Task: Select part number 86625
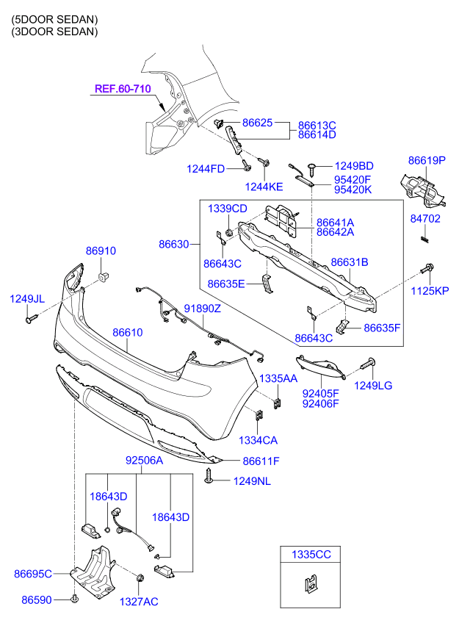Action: click(257, 123)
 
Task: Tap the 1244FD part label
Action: click(205, 169)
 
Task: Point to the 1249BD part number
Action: click(354, 166)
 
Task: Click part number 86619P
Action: click(427, 159)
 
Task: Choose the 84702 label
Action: click(425, 219)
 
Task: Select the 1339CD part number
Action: click(227, 209)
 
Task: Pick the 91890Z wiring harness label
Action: click(202, 309)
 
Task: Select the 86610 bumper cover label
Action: click(127, 333)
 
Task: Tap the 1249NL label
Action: click(253, 481)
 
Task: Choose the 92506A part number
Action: click(144, 461)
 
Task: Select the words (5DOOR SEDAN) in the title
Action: click(54, 18)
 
